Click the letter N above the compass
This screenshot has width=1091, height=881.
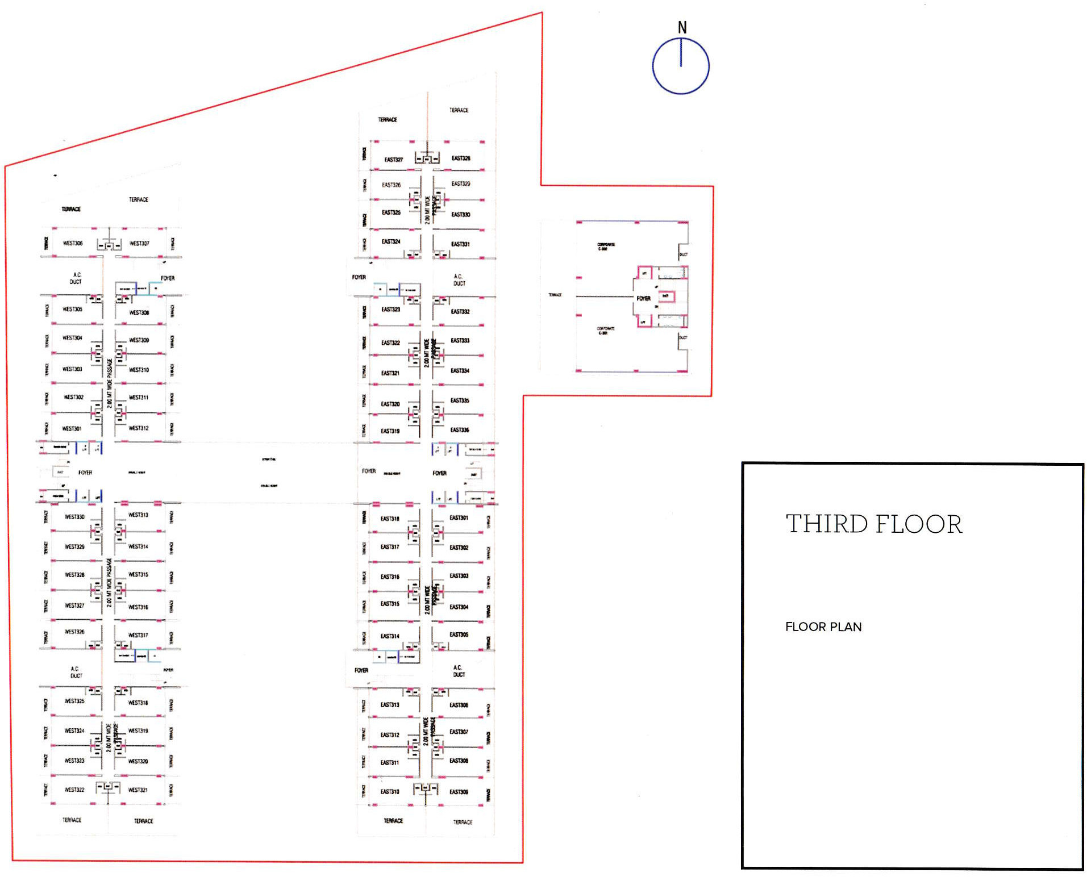tap(682, 27)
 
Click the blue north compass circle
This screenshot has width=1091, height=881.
tap(681, 66)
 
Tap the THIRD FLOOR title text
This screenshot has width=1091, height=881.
tap(874, 524)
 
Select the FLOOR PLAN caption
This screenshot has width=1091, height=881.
tap(823, 627)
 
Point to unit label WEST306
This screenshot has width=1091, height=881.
tap(73, 243)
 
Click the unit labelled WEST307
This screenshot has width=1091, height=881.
tap(139, 244)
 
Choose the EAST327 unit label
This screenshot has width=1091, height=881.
tap(393, 160)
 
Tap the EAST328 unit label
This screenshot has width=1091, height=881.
tap(461, 158)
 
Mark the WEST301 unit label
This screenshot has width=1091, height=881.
tap(72, 429)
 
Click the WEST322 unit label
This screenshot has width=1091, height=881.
tap(74, 790)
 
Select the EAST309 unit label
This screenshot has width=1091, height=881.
tap(459, 792)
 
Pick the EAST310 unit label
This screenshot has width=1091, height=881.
tap(390, 792)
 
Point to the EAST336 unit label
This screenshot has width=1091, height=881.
tap(460, 430)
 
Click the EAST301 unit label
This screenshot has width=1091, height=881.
tap(459, 518)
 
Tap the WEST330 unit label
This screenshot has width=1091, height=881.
tap(74, 517)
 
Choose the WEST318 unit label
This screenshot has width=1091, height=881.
tap(138, 703)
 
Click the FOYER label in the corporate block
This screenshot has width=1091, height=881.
tap(643, 299)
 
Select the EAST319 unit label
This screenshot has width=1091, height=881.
tap(390, 431)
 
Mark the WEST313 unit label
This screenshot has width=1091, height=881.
tap(138, 515)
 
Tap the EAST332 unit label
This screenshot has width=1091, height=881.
tap(460, 312)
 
